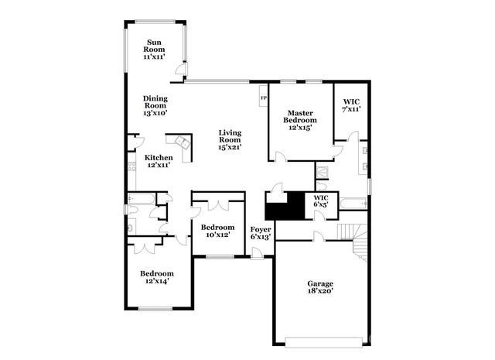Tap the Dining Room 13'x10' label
tap(155, 105)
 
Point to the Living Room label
tap(230, 139)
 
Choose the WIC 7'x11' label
tap(350, 105)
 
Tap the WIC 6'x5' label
tap(322, 202)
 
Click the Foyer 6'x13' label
tap(260, 233)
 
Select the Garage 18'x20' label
tap(320, 288)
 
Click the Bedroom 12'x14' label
tap(156, 277)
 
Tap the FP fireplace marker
tap(263, 98)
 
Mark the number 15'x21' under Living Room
tap(230, 147)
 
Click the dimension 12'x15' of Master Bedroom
tap(299, 127)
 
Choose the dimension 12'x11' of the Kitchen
tap(159, 164)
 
